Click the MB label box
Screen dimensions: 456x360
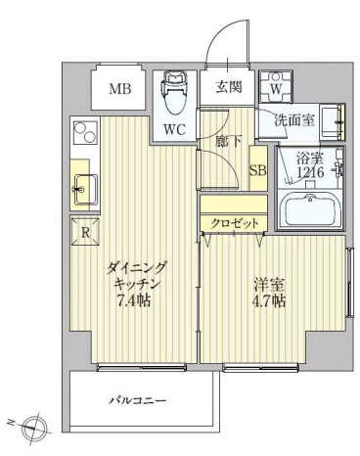tap(119, 90)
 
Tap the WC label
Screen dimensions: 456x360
tap(175, 128)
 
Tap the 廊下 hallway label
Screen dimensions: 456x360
tap(228, 141)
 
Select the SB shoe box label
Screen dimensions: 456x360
tap(258, 170)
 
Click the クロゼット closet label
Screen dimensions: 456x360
tap(236, 223)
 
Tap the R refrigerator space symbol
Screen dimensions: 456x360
tap(86, 233)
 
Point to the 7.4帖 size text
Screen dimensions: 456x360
tap(134, 299)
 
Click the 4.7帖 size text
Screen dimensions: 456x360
tap(270, 300)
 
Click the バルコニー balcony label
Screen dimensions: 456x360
tap(136, 400)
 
